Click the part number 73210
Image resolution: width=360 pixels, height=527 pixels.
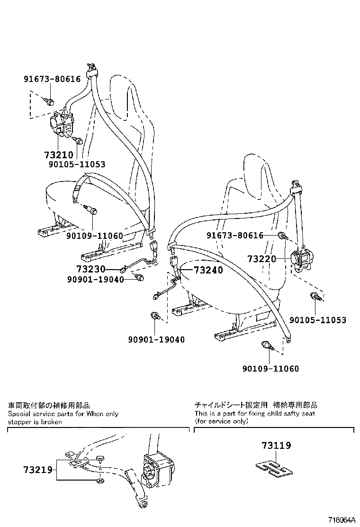(x=58, y=155)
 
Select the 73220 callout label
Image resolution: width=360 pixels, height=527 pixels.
(x=261, y=259)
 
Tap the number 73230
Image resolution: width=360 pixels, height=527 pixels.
(x=90, y=269)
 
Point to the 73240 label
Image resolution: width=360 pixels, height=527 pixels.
(x=208, y=270)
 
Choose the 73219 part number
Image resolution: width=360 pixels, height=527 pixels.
(x=38, y=470)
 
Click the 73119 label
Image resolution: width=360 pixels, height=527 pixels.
(x=276, y=445)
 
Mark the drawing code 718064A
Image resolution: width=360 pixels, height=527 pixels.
(x=342, y=520)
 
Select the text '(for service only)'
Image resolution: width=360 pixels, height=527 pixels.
(x=221, y=421)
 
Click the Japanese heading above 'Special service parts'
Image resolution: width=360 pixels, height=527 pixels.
(x=49, y=406)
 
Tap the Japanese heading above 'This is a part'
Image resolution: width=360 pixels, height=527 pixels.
(x=256, y=405)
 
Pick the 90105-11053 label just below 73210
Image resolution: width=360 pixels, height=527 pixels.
(x=77, y=164)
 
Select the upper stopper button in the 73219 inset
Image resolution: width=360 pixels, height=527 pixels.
(x=100, y=458)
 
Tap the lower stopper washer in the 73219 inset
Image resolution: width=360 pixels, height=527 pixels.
(x=100, y=482)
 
